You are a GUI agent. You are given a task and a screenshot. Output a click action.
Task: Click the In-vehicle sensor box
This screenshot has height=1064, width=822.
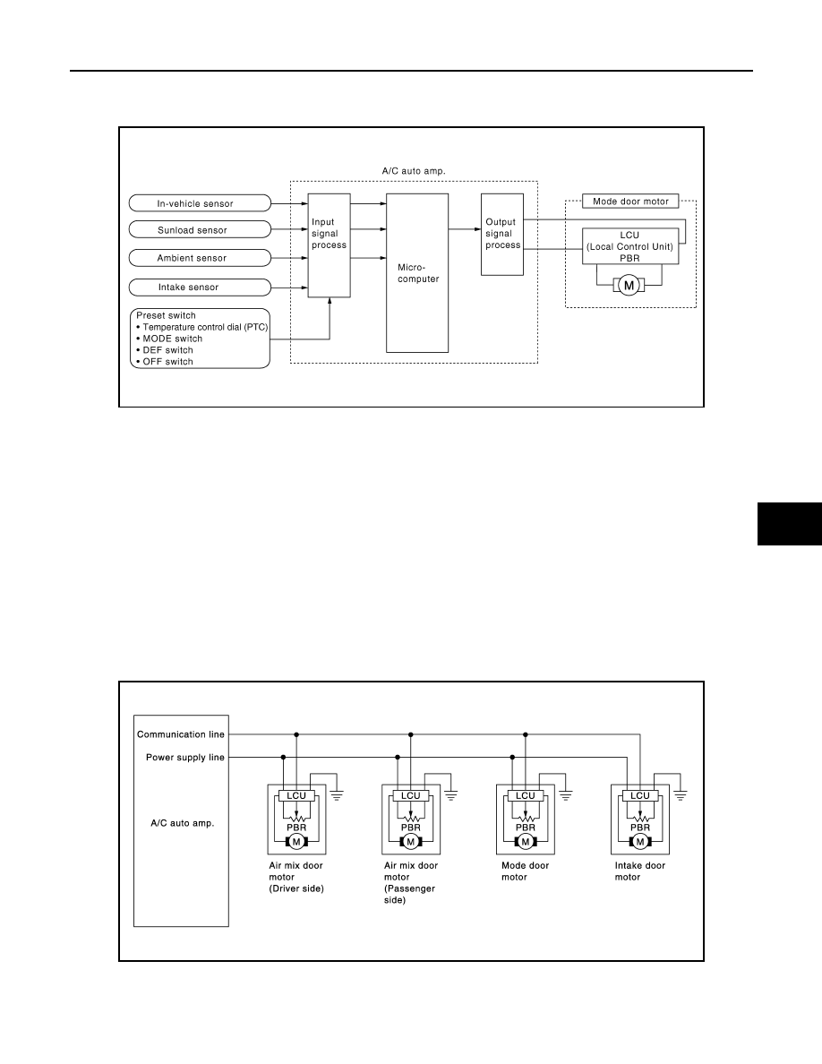[x=200, y=203]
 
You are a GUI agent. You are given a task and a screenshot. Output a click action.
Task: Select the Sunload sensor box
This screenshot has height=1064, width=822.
[x=200, y=230]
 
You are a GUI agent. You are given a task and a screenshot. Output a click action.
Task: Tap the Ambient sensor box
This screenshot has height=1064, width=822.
[x=200, y=258]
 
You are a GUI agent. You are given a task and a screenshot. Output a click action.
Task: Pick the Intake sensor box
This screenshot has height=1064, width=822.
[x=200, y=287]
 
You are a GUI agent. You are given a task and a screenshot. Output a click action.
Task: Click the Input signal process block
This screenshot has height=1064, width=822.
[x=329, y=245]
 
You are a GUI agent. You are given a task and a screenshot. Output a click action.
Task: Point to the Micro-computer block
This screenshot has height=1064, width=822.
[x=417, y=273]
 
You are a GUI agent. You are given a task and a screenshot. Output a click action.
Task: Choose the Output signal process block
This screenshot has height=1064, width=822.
[x=501, y=234]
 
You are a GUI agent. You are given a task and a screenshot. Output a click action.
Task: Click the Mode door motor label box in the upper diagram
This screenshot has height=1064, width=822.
[x=630, y=202]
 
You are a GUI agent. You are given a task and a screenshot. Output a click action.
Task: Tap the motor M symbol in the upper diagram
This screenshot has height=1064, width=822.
[x=629, y=286]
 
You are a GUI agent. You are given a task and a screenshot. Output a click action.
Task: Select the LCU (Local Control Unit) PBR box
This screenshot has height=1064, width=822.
[x=630, y=246]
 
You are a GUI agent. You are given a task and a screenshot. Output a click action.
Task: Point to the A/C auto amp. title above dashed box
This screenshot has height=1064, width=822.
[x=414, y=171]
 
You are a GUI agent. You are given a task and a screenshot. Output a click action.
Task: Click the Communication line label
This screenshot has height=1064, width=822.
[x=180, y=734]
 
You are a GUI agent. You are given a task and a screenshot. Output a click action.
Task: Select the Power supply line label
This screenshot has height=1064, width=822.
[x=185, y=758]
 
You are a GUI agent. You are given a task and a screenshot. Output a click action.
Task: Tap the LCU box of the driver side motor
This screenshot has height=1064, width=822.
[x=296, y=796]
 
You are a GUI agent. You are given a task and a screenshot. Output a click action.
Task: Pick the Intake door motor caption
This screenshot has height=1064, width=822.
[x=640, y=871]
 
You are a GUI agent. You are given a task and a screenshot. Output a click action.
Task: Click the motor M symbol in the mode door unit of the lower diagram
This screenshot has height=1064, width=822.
[x=525, y=842]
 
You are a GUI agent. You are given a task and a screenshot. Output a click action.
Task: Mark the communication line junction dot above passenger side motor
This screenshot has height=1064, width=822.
[x=411, y=734]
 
